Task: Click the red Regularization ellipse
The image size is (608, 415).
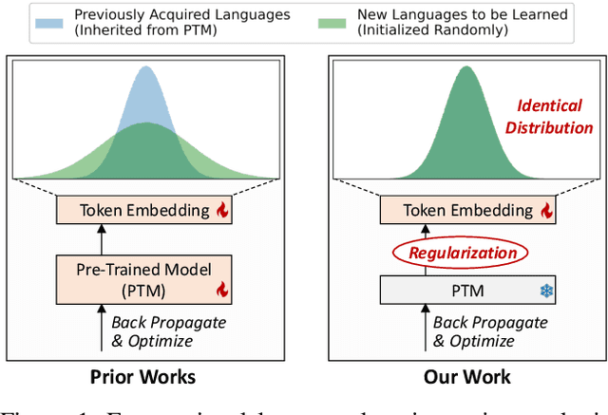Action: coord(463,253)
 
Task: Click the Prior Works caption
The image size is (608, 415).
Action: coord(142,377)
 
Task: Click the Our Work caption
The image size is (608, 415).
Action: coord(466,377)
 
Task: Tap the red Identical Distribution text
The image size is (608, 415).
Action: coord(548,118)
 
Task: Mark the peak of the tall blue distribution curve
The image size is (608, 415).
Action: coord(145,68)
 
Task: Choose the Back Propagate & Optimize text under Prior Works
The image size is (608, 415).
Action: coord(168,331)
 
